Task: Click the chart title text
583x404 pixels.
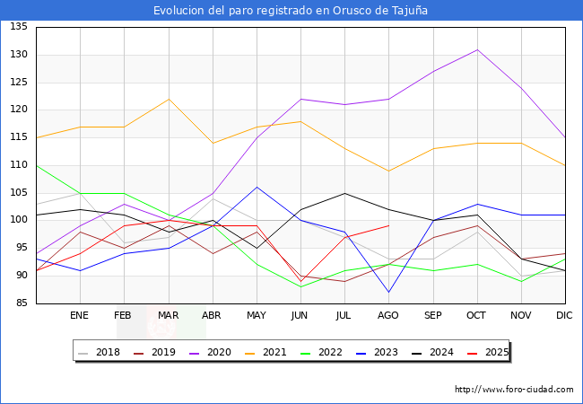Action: click(x=291, y=11)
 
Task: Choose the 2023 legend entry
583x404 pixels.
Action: click(x=375, y=352)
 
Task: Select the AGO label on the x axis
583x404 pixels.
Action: click(x=388, y=316)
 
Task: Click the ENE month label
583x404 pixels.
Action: click(x=80, y=316)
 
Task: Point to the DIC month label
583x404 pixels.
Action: click(x=564, y=316)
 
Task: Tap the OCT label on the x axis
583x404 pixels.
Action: click(x=476, y=316)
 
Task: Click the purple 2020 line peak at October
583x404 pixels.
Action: click(x=476, y=49)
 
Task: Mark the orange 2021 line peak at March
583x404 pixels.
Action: click(x=168, y=99)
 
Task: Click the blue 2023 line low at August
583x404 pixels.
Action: click(x=388, y=293)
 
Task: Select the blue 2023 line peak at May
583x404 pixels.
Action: click(x=257, y=187)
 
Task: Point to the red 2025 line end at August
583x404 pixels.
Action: click(x=388, y=225)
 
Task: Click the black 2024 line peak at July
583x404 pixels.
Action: click(x=344, y=193)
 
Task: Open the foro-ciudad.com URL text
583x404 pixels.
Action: click(x=514, y=390)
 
